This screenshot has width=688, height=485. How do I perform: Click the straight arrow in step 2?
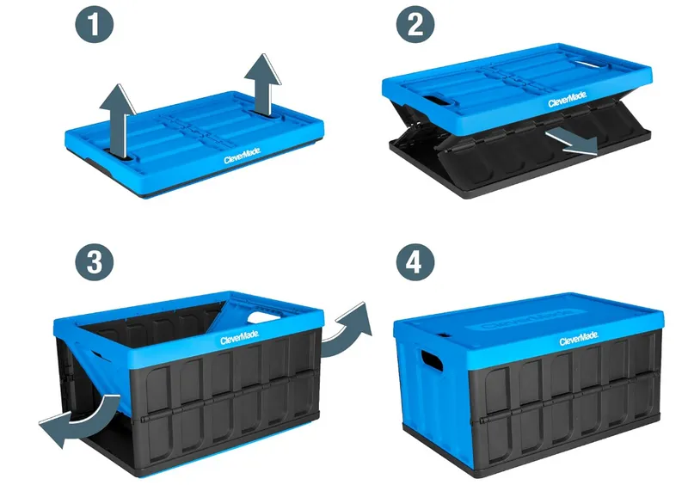[573, 142]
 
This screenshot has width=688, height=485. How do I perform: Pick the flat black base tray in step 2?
[482, 176]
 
